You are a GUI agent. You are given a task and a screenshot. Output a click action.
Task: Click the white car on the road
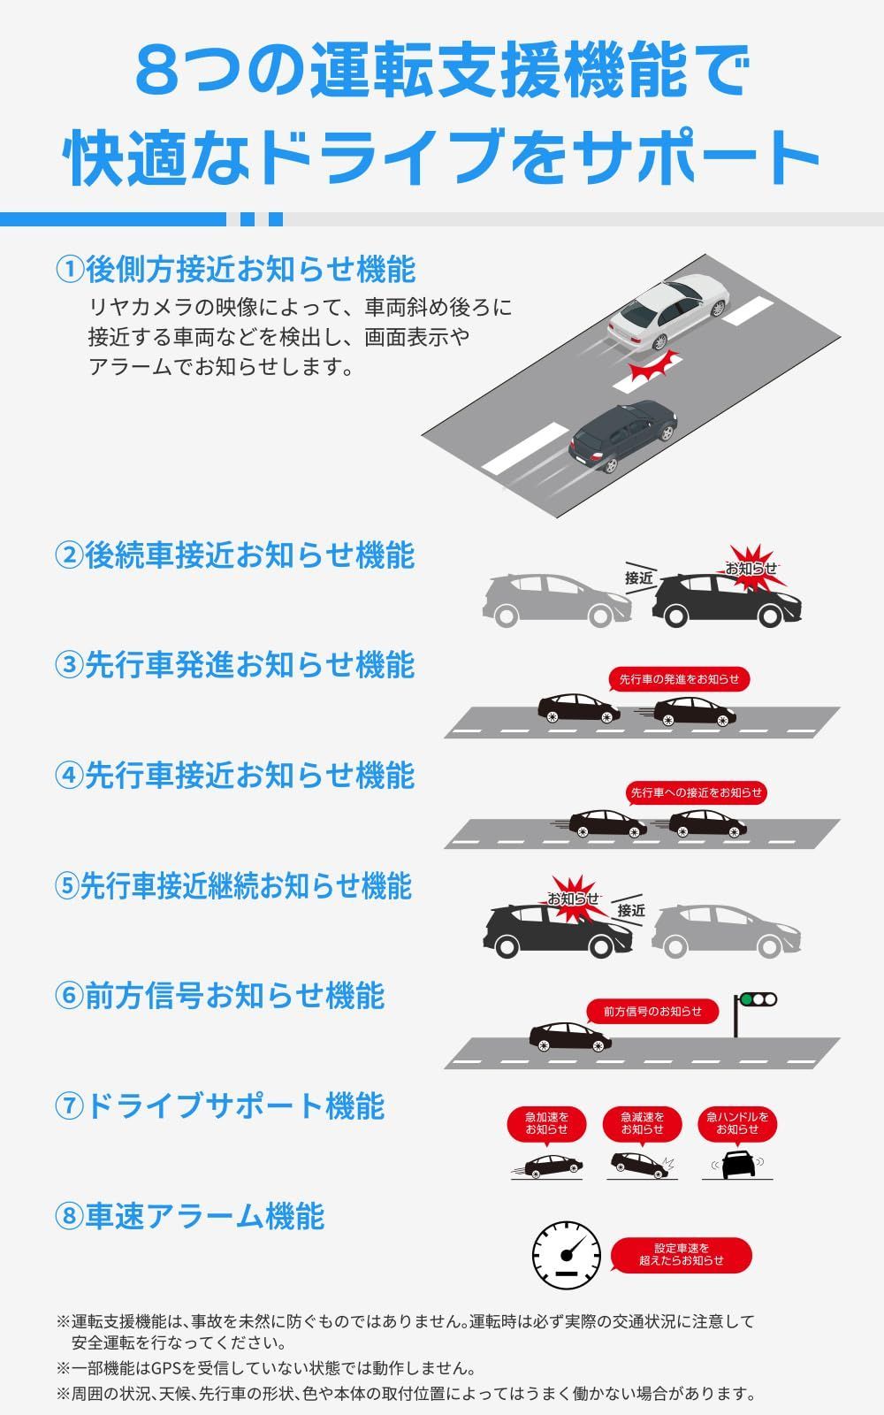pyautogui.click(x=668, y=313)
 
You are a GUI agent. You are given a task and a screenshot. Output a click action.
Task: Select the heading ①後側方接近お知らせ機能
pyautogui.click(x=235, y=268)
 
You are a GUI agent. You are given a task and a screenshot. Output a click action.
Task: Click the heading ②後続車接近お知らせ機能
pyautogui.click(x=235, y=555)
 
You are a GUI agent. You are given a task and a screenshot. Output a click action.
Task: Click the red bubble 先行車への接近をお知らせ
pyautogui.click(x=696, y=792)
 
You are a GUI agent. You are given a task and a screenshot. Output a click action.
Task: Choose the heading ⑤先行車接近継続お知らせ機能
pyautogui.click(x=233, y=885)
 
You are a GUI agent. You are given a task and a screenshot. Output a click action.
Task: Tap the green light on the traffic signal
pyautogui.click(x=747, y=1000)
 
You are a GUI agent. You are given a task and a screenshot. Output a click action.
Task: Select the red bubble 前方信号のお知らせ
pyautogui.click(x=652, y=1011)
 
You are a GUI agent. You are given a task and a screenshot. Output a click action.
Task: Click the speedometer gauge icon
pyautogui.click(x=567, y=1256)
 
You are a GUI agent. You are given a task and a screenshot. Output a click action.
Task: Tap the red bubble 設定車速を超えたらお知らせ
pyautogui.click(x=682, y=1254)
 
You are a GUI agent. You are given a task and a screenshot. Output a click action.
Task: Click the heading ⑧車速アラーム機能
pyautogui.click(x=190, y=1216)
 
